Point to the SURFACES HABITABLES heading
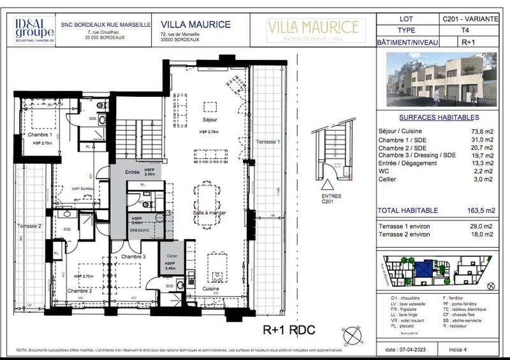click(x=439, y=118)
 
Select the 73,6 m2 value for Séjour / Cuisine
click(x=481, y=131)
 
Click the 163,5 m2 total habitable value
click(x=481, y=210)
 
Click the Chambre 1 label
click(x=40, y=134)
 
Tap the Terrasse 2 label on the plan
click(x=29, y=226)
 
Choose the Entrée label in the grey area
click(x=132, y=172)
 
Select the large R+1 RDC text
click(x=289, y=330)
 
